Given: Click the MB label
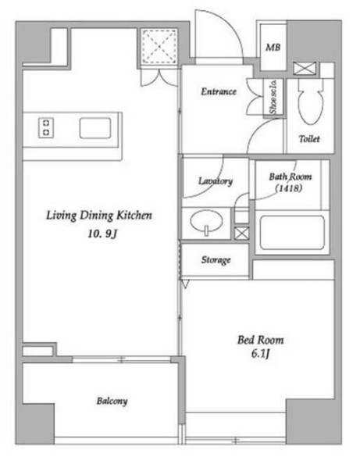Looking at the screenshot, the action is pos(273,48).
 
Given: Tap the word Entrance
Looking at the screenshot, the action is pos(219,91).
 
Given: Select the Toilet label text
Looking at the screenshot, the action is pos(309,139).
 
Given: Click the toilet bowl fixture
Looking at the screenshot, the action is pos(311,102).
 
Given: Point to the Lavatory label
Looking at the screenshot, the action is pos(216,181).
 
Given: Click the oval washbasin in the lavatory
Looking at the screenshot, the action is pos(206,222).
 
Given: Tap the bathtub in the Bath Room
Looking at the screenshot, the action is pos(292,233).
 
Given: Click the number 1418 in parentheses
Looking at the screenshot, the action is pos(289,188).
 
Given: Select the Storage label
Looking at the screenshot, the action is pos(216,259).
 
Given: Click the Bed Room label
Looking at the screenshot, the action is pos(260,340).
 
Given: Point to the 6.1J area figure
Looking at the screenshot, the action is pos(260,354).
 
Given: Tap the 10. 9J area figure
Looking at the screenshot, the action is pos(102,234).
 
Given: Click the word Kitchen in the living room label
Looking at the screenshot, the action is pos(134,216).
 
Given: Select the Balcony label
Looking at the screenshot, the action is pos(112,401).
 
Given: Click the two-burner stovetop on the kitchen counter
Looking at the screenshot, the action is pos(46,127).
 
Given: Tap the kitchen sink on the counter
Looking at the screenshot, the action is pos(95,128).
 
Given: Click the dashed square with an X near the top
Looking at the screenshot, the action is pos(159,46).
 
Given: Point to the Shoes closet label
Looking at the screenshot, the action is pos(273,98).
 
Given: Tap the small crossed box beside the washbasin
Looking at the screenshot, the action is pos(242,233).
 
